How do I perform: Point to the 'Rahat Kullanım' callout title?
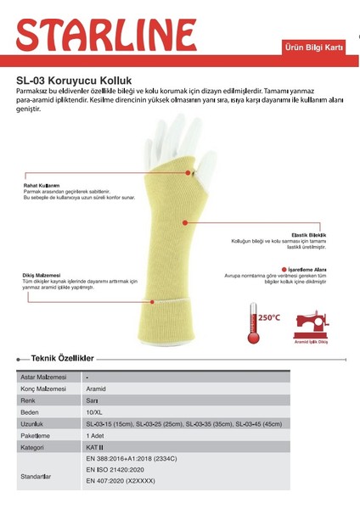42,185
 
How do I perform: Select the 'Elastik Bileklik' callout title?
310,234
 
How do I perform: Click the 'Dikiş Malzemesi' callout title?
42,275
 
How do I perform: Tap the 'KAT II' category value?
95,445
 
